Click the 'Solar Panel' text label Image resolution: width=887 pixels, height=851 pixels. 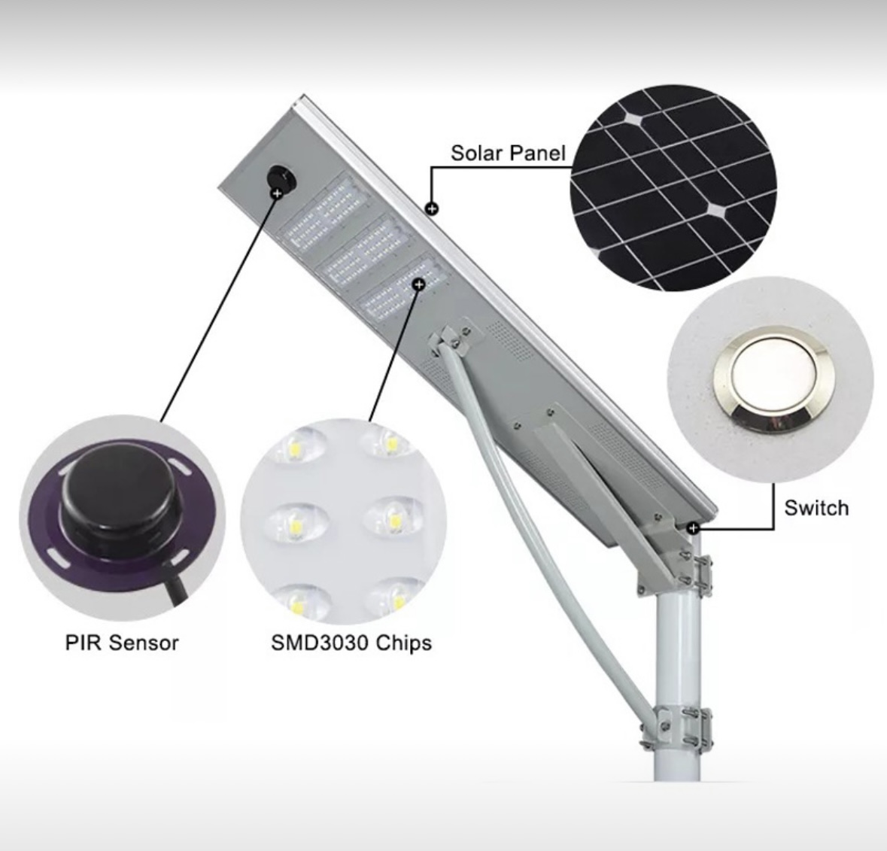(507, 153)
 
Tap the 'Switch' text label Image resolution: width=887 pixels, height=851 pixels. (816, 508)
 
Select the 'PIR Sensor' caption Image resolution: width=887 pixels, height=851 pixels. (122, 643)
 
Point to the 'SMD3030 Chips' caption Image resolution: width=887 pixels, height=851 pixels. (351, 643)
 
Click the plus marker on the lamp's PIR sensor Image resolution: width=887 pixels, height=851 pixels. (277, 193)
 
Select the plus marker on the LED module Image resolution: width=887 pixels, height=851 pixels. (418, 284)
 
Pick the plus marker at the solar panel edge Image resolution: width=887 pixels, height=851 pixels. (432, 208)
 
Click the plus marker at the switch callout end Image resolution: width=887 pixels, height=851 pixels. (694, 528)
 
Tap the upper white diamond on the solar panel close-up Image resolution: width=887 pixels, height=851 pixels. (633, 120)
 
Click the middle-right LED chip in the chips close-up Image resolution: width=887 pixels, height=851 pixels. (393, 515)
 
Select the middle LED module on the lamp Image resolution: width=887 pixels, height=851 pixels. (364, 251)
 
